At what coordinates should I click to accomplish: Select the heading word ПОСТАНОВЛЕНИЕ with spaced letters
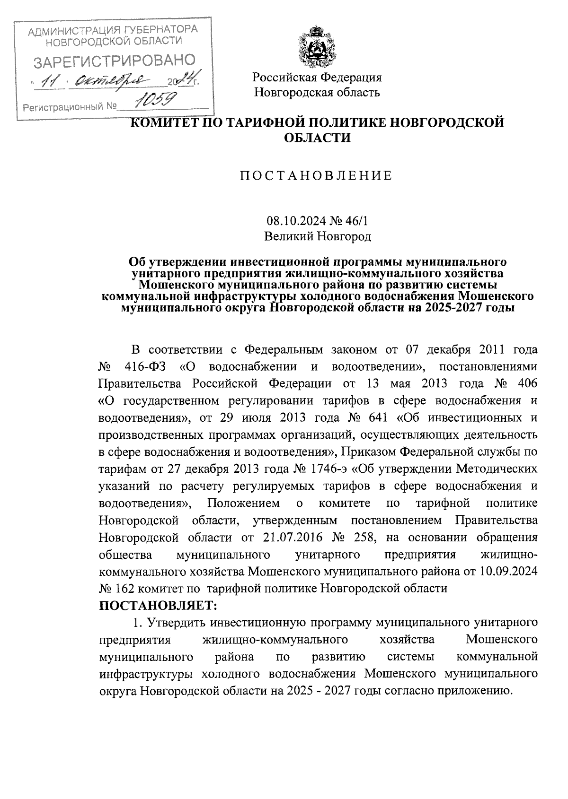316,176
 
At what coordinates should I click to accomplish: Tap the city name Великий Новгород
317,235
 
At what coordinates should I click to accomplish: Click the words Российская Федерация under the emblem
317,77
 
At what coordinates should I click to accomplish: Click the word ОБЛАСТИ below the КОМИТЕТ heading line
317,138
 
